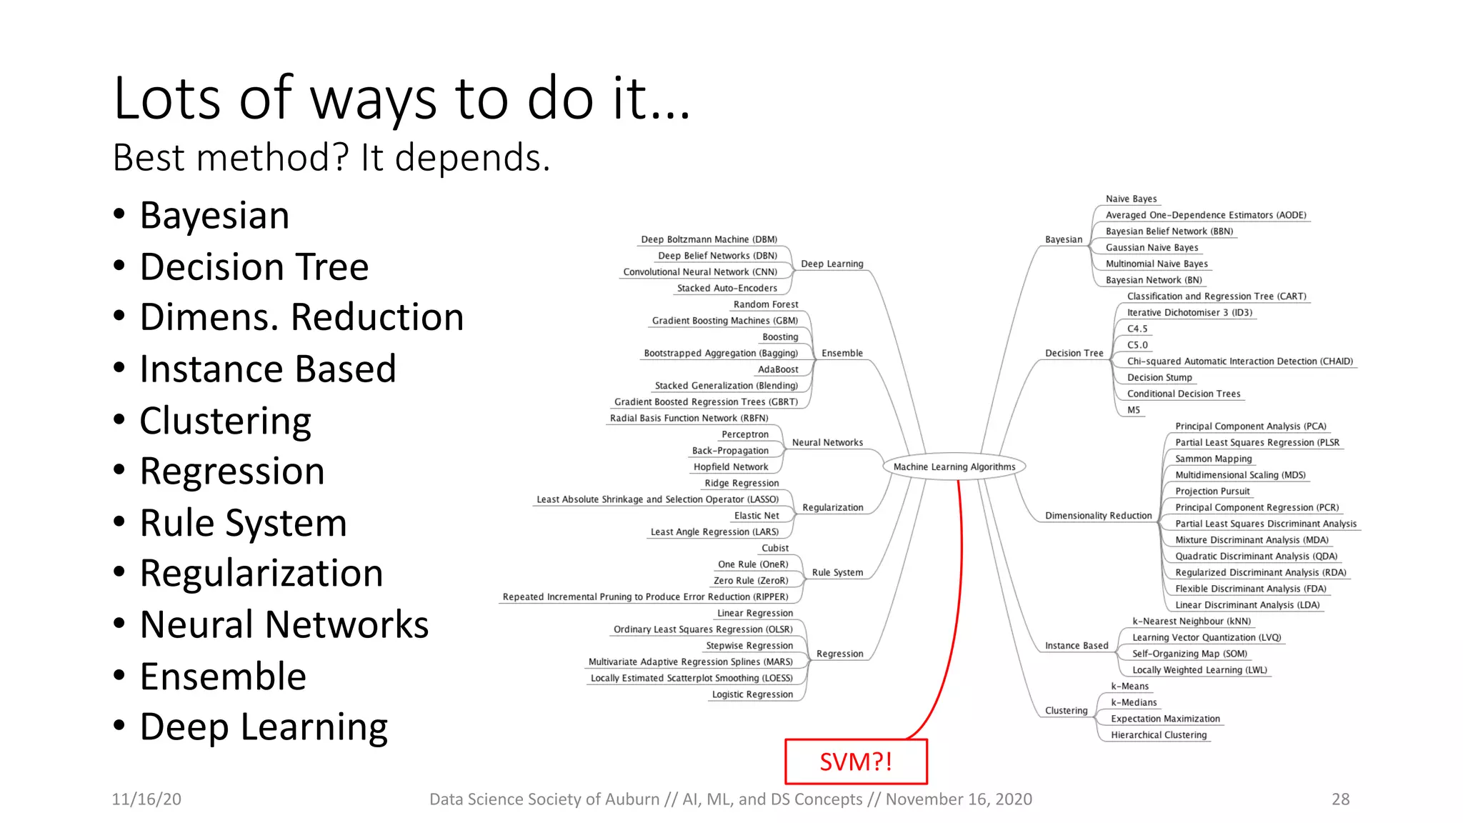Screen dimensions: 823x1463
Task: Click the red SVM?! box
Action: click(x=856, y=762)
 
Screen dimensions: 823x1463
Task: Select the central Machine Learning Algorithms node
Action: click(x=954, y=467)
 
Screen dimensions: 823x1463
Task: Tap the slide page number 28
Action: click(x=1340, y=799)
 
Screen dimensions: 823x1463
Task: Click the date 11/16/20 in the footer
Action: click(x=146, y=799)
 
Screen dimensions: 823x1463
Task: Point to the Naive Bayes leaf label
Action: click(x=1131, y=199)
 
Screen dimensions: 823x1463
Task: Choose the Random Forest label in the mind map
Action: click(x=766, y=304)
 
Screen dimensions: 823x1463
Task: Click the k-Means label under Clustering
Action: click(x=1129, y=686)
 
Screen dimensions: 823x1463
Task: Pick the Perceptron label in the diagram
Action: click(x=745, y=434)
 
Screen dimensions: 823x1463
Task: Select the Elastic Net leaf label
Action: click(x=757, y=516)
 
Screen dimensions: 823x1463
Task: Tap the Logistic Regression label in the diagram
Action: click(x=752, y=694)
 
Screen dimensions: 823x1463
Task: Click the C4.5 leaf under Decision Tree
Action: click(x=1137, y=329)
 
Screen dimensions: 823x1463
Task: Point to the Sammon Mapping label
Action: click(x=1213, y=459)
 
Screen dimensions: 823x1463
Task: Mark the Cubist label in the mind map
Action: click(x=775, y=548)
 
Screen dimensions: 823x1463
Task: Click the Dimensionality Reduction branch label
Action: click(x=1098, y=516)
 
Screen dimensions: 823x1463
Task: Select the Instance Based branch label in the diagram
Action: click(x=1077, y=646)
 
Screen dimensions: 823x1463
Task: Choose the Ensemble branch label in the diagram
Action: click(x=842, y=353)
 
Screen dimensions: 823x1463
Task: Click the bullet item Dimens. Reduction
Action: click(x=301, y=317)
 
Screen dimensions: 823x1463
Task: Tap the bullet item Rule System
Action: click(x=243, y=523)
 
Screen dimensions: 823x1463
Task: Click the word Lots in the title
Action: click(x=167, y=98)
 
